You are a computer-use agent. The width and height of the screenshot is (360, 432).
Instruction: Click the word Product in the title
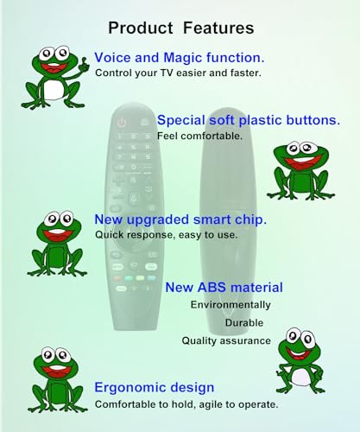coord(140,28)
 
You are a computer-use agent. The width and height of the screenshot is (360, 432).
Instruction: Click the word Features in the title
coord(218,28)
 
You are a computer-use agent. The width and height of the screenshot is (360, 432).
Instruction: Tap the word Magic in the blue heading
coord(183,58)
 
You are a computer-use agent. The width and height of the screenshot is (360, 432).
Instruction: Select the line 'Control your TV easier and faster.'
coord(178,73)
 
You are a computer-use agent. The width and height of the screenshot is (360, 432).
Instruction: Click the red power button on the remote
coord(122,123)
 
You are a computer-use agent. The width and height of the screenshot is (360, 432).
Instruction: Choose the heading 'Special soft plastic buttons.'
coord(249,120)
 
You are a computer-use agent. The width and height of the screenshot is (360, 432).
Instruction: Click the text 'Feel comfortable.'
coord(199,136)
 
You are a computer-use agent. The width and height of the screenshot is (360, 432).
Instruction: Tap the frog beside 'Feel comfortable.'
coord(300,170)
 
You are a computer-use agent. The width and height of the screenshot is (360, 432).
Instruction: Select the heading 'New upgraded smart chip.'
coord(180,219)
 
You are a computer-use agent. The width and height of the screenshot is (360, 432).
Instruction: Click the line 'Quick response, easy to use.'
coord(167,235)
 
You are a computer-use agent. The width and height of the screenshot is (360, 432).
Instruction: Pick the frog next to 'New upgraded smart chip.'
coord(57,244)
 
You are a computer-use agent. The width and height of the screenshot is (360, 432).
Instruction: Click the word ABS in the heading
coord(212,288)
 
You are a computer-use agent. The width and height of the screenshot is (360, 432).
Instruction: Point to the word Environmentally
coord(231,305)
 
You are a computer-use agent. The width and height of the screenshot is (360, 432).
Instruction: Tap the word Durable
coord(244,323)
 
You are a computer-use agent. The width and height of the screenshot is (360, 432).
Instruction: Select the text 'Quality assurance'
coord(226,341)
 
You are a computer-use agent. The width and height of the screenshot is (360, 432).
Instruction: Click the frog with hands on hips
coord(300,361)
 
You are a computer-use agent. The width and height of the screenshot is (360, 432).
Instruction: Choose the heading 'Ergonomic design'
coord(155,388)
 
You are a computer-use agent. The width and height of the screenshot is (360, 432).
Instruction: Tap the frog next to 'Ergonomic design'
coord(58,379)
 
